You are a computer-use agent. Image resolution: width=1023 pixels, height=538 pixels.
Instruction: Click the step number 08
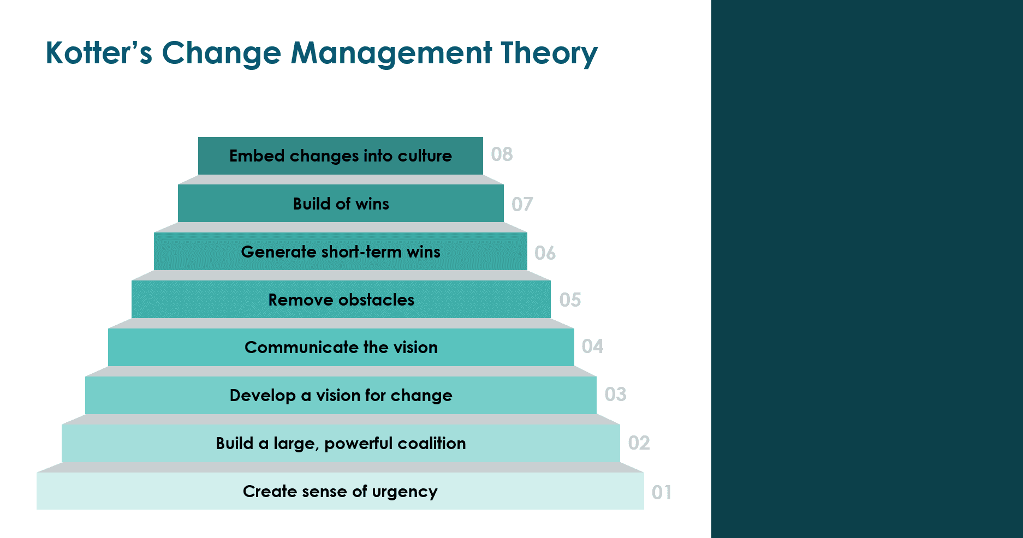coord(502,154)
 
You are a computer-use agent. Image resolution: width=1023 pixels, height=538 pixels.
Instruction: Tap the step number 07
coord(522,204)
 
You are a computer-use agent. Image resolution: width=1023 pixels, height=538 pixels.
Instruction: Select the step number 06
coord(545,253)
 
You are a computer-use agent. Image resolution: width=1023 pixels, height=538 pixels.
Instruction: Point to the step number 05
coord(570,300)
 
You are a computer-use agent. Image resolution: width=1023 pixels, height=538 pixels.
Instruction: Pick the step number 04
coord(592,346)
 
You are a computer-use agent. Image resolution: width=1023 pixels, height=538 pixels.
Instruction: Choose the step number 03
coord(615,394)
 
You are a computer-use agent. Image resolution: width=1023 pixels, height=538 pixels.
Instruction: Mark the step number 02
coord(639,443)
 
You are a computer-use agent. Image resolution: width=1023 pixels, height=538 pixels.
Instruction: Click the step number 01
coord(662,492)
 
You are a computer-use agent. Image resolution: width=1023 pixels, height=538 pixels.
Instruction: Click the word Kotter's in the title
coord(99,53)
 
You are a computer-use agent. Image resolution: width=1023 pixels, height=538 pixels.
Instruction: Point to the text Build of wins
coord(341,204)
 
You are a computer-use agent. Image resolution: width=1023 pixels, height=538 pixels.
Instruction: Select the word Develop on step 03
coord(263,395)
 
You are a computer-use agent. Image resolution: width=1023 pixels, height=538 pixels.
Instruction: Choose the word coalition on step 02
coord(431,443)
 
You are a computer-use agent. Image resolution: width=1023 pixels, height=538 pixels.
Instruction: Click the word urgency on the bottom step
coord(405,492)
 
